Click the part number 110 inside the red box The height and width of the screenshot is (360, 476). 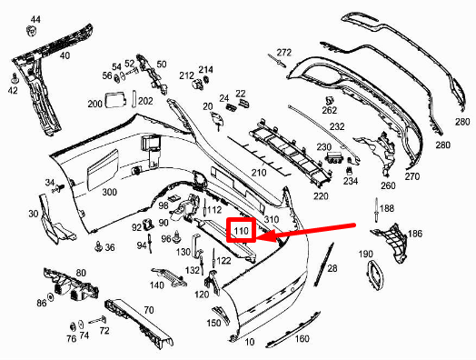[241, 232]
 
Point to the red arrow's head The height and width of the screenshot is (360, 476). [263, 239]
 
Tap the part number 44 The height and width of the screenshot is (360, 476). [35, 19]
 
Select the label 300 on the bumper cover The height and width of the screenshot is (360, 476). [110, 193]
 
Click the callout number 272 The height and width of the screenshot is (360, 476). [284, 52]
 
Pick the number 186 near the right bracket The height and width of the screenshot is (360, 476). [415, 235]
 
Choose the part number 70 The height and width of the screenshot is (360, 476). [149, 310]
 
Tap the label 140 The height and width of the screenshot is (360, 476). [157, 285]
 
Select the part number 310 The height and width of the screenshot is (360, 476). [271, 221]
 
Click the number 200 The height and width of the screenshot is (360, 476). [95, 104]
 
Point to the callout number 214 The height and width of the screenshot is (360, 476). [206, 69]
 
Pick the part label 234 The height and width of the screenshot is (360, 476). [351, 181]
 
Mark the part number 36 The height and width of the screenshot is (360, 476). [110, 247]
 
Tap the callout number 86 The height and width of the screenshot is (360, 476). [41, 302]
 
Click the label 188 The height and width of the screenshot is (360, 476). [387, 209]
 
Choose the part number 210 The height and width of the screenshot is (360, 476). [259, 172]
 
